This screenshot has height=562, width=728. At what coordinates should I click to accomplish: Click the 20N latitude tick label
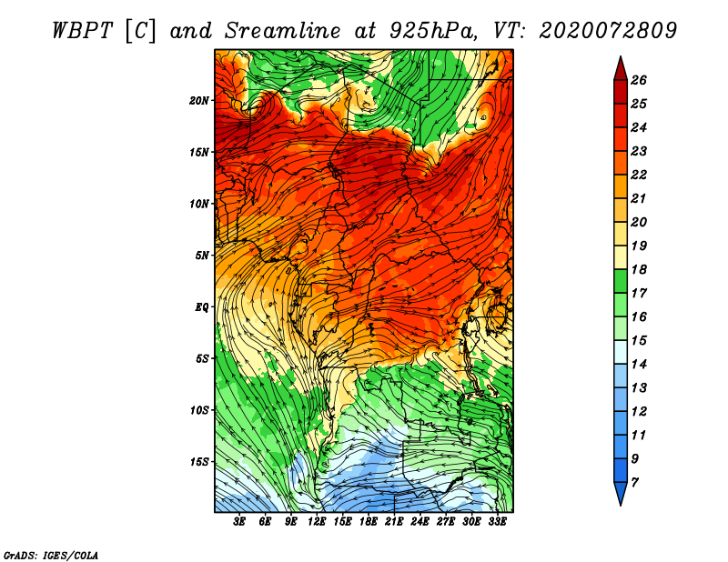pyautogui.click(x=198, y=101)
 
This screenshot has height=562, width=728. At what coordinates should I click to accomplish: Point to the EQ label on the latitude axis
pyautogui.click(x=201, y=307)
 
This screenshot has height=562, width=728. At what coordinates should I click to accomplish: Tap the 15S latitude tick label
pyautogui.click(x=198, y=462)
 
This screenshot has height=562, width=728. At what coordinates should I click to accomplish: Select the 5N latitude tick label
pyautogui.click(x=202, y=256)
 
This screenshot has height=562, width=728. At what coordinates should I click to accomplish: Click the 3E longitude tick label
pyautogui.click(x=239, y=522)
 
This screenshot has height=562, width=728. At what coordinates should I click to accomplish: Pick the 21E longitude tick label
pyautogui.click(x=394, y=522)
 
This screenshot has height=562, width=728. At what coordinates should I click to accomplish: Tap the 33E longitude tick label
pyautogui.click(x=497, y=522)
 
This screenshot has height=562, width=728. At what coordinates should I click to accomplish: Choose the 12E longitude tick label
pyautogui.click(x=316, y=522)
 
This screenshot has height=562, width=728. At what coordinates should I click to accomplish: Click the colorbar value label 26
pyautogui.click(x=639, y=80)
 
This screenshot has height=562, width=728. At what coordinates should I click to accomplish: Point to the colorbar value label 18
pyautogui.click(x=639, y=269)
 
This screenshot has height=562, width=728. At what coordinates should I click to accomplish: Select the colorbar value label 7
pyautogui.click(x=634, y=483)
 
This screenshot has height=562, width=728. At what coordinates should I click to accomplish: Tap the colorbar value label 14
pyautogui.click(x=639, y=365)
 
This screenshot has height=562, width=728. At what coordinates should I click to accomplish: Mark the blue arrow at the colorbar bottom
pyautogui.click(x=621, y=493)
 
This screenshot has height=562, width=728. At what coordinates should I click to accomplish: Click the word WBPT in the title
pyautogui.click(x=82, y=31)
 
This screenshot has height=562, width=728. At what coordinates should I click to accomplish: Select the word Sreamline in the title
pyautogui.click(x=283, y=31)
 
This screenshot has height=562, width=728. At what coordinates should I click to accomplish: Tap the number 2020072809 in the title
pyautogui.click(x=608, y=31)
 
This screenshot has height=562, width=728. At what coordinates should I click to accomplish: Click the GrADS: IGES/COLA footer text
pyautogui.click(x=51, y=556)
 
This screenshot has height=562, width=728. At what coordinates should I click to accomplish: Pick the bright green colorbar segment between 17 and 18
pyautogui.click(x=621, y=281)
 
